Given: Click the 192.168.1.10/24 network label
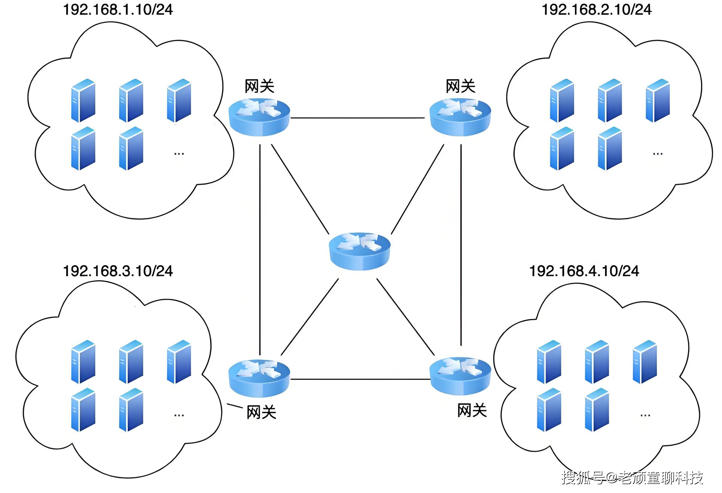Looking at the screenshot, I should (x=118, y=10).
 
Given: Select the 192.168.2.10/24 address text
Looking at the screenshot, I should (x=596, y=10).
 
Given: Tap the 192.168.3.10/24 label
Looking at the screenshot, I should (x=118, y=271).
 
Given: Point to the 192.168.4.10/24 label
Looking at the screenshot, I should (x=584, y=271).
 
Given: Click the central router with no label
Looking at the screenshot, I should (x=360, y=251).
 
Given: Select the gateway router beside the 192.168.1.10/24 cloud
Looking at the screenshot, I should (x=259, y=118).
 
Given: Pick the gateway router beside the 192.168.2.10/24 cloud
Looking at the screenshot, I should (x=460, y=118).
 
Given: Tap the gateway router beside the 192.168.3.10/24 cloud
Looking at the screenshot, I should (x=259, y=379).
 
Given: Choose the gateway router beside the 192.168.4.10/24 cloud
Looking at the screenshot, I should (x=460, y=376).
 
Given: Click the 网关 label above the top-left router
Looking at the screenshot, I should (x=259, y=86).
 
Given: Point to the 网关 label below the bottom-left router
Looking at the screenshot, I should (x=261, y=412).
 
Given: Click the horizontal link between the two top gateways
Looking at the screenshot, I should (x=357, y=118).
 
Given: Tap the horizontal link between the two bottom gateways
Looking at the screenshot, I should (x=360, y=379).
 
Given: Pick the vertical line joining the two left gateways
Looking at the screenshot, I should (x=260, y=249).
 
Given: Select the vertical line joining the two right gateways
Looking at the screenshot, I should (x=461, y=246).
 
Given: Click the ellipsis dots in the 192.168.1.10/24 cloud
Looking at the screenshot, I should (x=179, y=154).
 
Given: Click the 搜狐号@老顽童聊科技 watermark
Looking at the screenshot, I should (x=632, y=478).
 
